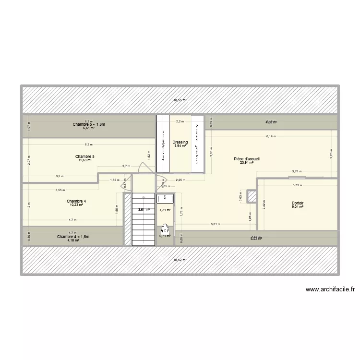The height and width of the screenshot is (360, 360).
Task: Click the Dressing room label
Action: [x=180, y=142]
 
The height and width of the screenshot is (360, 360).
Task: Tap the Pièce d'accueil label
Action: [x=246, y=158]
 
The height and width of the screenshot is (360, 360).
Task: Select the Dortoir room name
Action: [x=298, y=203]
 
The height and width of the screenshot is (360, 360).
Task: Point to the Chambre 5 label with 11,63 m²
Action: [x=84, y=156]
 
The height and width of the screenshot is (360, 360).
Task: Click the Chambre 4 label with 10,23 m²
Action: [x=76, y=201]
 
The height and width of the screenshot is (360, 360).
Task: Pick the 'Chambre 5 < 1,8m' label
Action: [x=89, y=125]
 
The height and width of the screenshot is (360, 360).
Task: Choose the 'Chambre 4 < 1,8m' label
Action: [x=73, y=237]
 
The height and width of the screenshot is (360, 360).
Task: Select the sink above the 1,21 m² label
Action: [x=165, y=198]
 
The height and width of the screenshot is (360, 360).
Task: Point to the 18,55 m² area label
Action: [x=180, y=100]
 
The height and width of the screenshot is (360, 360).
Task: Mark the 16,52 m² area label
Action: [x=180, y=259]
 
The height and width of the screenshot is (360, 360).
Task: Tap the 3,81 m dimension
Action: [x=216, y=224]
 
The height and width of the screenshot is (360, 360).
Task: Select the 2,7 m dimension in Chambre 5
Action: [x=126, y=166]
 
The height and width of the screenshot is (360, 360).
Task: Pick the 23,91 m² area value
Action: [x=246, y=162]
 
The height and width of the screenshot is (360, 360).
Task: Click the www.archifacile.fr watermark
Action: [x=329, y=289]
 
